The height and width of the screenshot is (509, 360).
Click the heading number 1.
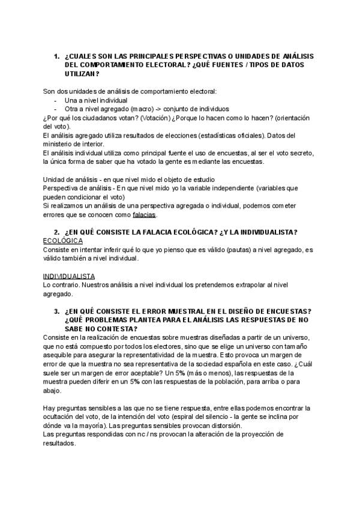coord(56,56)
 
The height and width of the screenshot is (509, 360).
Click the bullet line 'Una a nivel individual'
coord(95,100)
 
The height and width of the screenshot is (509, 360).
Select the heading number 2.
coord(56,232)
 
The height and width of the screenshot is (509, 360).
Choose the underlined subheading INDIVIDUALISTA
coord(70,276)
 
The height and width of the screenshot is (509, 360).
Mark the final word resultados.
coord(60,443)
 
